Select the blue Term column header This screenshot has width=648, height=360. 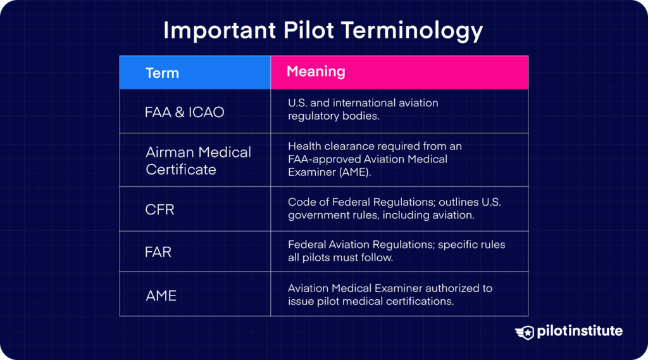click(195, 73)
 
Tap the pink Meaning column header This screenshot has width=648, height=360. click(399, 72)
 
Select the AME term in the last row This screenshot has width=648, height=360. click(161, 295)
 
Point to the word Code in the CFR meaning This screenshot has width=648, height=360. click(301, 202)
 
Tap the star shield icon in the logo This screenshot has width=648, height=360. click(525, 332)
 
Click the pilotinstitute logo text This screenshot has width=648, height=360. click(580, 331)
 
